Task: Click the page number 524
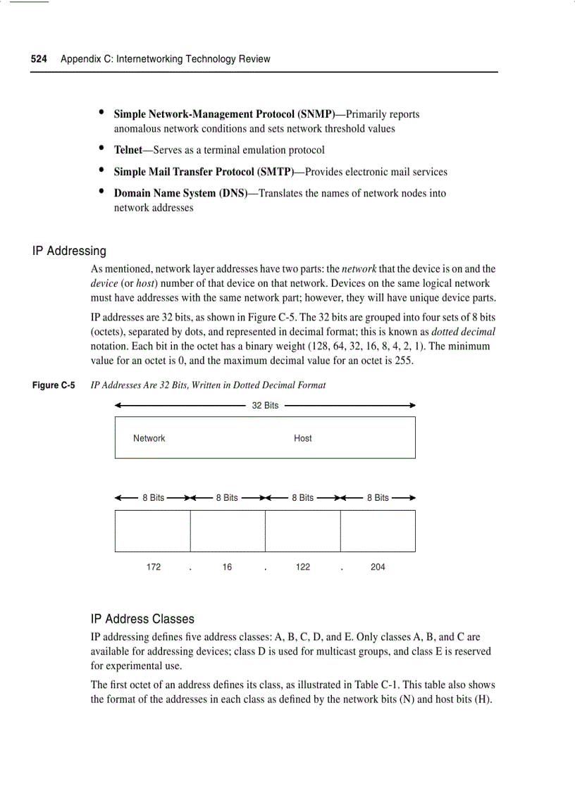coord(39,59)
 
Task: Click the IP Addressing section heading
coord(69,251)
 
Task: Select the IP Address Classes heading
coord(142,619)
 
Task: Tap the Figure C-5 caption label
coord(54,385)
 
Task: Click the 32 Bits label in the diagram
coord(265,406)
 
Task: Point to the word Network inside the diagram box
coord(149,438)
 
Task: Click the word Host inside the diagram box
coord(302,438)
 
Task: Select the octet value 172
coord(154,567)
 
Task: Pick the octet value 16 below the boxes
coord(227,567)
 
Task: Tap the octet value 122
coord(303,567)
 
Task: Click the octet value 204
coord(378,567)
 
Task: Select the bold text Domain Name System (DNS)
coord(180,193)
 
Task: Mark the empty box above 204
coord(378,530)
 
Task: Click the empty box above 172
coord(153,530)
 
